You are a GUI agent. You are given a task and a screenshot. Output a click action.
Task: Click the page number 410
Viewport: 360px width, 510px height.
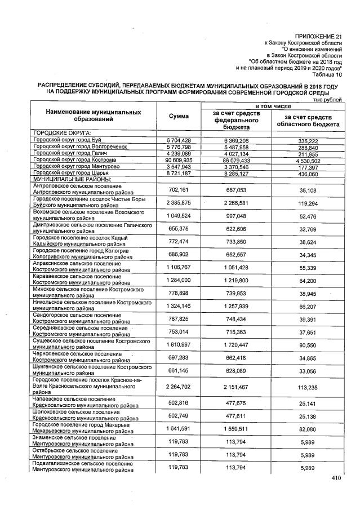coord(336,478)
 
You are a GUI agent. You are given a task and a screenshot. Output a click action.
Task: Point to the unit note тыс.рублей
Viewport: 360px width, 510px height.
coord(328,100)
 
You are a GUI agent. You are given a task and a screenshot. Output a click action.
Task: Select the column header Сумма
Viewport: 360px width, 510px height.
coord(179,116)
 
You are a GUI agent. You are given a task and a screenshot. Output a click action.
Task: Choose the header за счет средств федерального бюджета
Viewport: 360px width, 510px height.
coord(236,120)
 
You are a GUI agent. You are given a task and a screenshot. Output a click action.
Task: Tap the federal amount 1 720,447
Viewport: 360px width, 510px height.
coord(236,343)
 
